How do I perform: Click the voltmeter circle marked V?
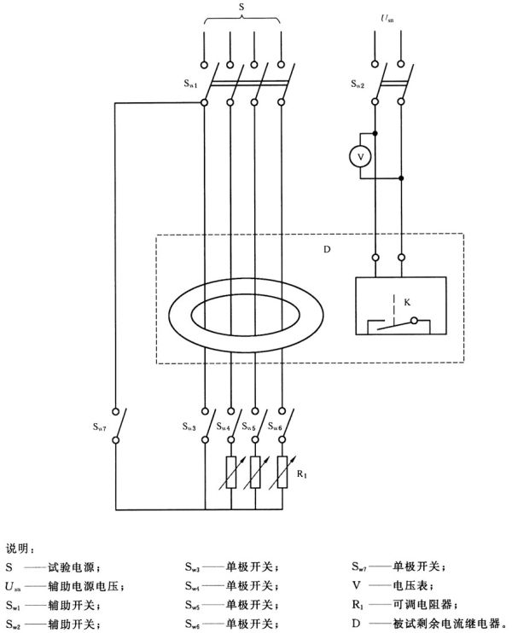(x=359, y=156)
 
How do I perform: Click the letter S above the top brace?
(x=243, y=8)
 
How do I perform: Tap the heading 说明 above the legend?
(x=18, y=547)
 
